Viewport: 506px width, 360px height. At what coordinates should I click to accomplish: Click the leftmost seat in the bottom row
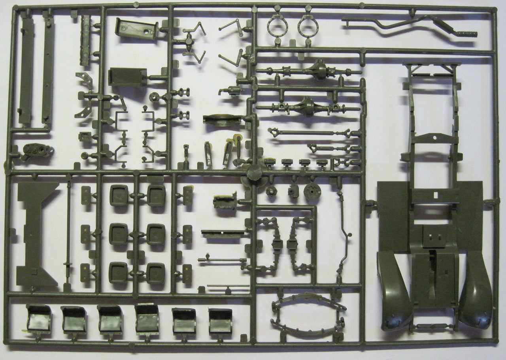pyautogui.click(x=39, y=319)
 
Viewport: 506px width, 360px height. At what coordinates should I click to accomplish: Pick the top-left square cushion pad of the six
pyautogui.click(x=119, y=195)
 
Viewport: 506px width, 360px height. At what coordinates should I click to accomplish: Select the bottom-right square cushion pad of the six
pyautogui.click(x=156, y=273)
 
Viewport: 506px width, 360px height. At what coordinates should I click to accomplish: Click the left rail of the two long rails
pyautogui.click(x=26, y=71)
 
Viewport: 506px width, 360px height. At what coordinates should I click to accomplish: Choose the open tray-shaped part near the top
pyautogui.click(x=136, y=29)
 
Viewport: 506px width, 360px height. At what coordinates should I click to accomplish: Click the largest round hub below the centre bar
pyautogui.click(x=312, y=191)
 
